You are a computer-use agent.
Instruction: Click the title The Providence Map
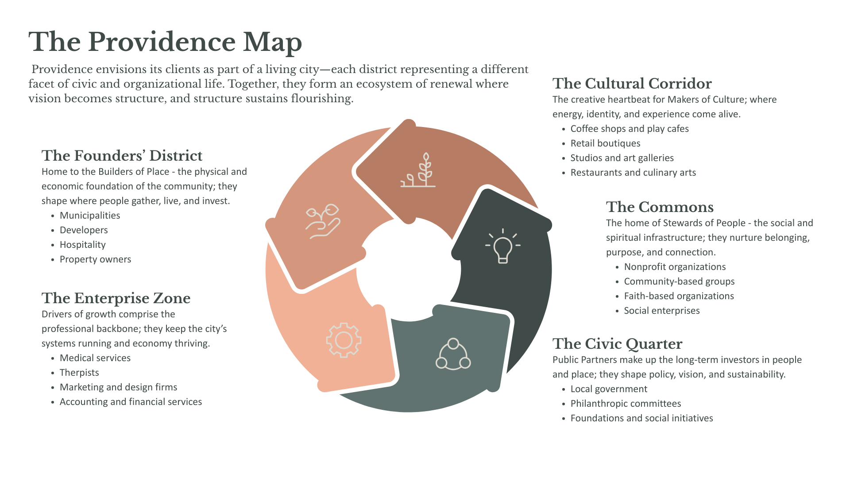point(165,42)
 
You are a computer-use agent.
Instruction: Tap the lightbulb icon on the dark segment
point(502,246)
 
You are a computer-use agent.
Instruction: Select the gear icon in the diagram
point(344,340)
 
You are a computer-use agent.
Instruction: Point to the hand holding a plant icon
point(323,221)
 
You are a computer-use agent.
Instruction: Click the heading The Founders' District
point(122,156)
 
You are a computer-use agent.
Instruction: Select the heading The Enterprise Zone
point(116,298)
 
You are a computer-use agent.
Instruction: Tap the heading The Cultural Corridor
point(632,84)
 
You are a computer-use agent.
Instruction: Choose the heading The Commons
point(660,207)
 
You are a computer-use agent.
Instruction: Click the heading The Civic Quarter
point(617,344)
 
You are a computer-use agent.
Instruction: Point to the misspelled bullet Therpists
point(79,373)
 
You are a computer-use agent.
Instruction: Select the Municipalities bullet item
point(90,216)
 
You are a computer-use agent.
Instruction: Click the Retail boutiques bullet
point(605,143)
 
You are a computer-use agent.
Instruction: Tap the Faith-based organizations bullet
point(679,296)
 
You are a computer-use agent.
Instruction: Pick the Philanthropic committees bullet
point(626,404)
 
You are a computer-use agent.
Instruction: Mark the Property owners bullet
point(95,259)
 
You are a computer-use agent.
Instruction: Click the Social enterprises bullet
point(661,311)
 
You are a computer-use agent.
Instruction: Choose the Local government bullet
point(609,389)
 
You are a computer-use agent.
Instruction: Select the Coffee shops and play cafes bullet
point(629,129)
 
